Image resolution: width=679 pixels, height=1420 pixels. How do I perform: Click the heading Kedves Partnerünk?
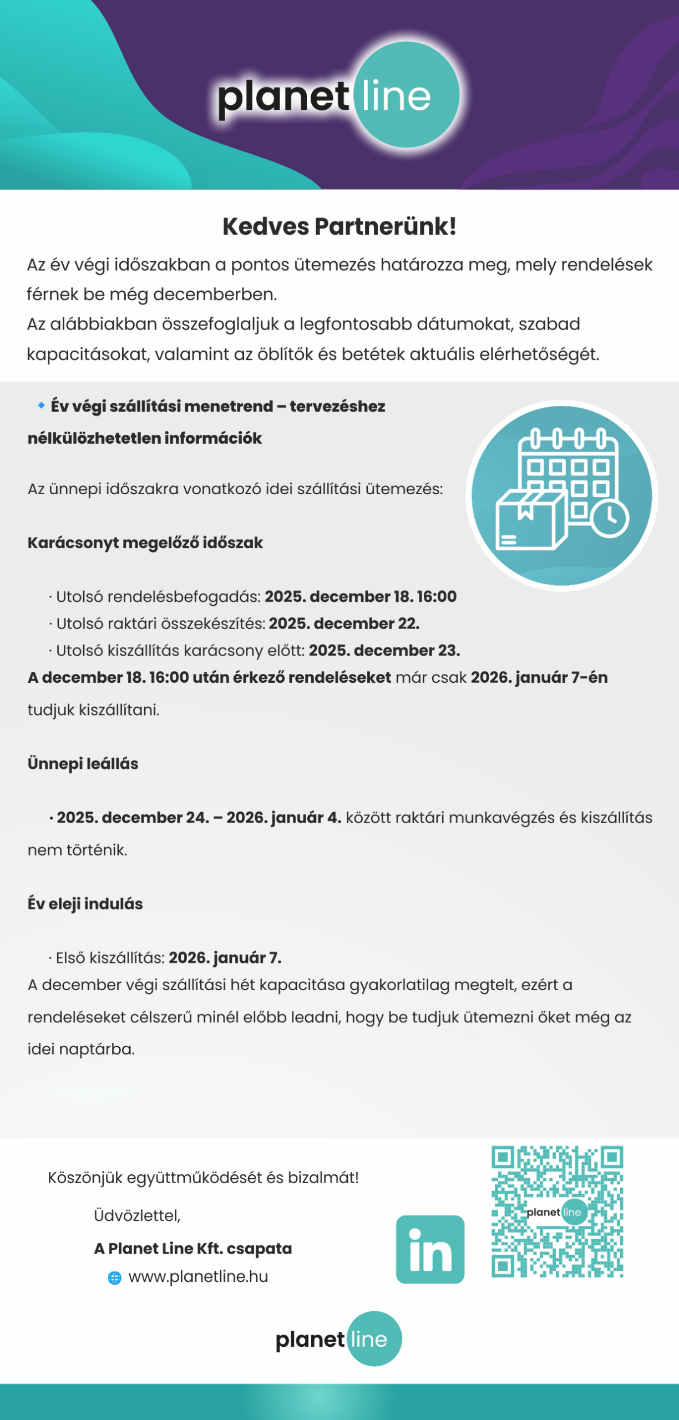coord(339,226)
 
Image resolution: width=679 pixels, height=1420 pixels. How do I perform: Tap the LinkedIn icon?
coord(430,1249)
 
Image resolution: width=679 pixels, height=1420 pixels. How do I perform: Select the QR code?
coord(557,1211)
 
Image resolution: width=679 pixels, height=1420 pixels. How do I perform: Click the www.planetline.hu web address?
coord(198,1276)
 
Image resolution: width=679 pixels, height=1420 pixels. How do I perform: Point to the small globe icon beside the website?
coord(114,1277)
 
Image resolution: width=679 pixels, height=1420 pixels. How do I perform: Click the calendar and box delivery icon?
coord(561,495)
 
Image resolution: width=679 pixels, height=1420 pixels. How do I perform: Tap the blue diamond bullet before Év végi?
coord(41,405)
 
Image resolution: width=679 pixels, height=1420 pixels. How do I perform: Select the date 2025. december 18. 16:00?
coord(361,596)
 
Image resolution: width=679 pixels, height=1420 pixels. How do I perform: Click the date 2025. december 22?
coord(344,623)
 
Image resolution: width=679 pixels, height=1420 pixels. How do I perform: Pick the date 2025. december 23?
coord(384,650)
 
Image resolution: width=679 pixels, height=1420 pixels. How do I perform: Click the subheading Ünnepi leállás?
coord(83,763)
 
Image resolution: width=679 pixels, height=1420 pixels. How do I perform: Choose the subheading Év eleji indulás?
coord(85,904)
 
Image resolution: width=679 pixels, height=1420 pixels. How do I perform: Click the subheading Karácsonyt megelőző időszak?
coord(145,542)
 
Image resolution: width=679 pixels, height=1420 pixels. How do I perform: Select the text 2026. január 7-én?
coord(539,677)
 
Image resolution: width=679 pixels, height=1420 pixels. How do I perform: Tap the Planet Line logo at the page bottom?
coord(338,1339)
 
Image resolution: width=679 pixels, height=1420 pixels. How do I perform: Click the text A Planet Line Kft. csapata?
coord(193,1249)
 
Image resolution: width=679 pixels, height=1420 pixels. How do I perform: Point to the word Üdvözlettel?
coord(137,1215)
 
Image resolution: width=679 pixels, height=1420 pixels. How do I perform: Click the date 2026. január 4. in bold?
coord(283,818)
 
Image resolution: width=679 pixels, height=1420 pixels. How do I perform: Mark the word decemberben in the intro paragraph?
coord(215,294)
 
